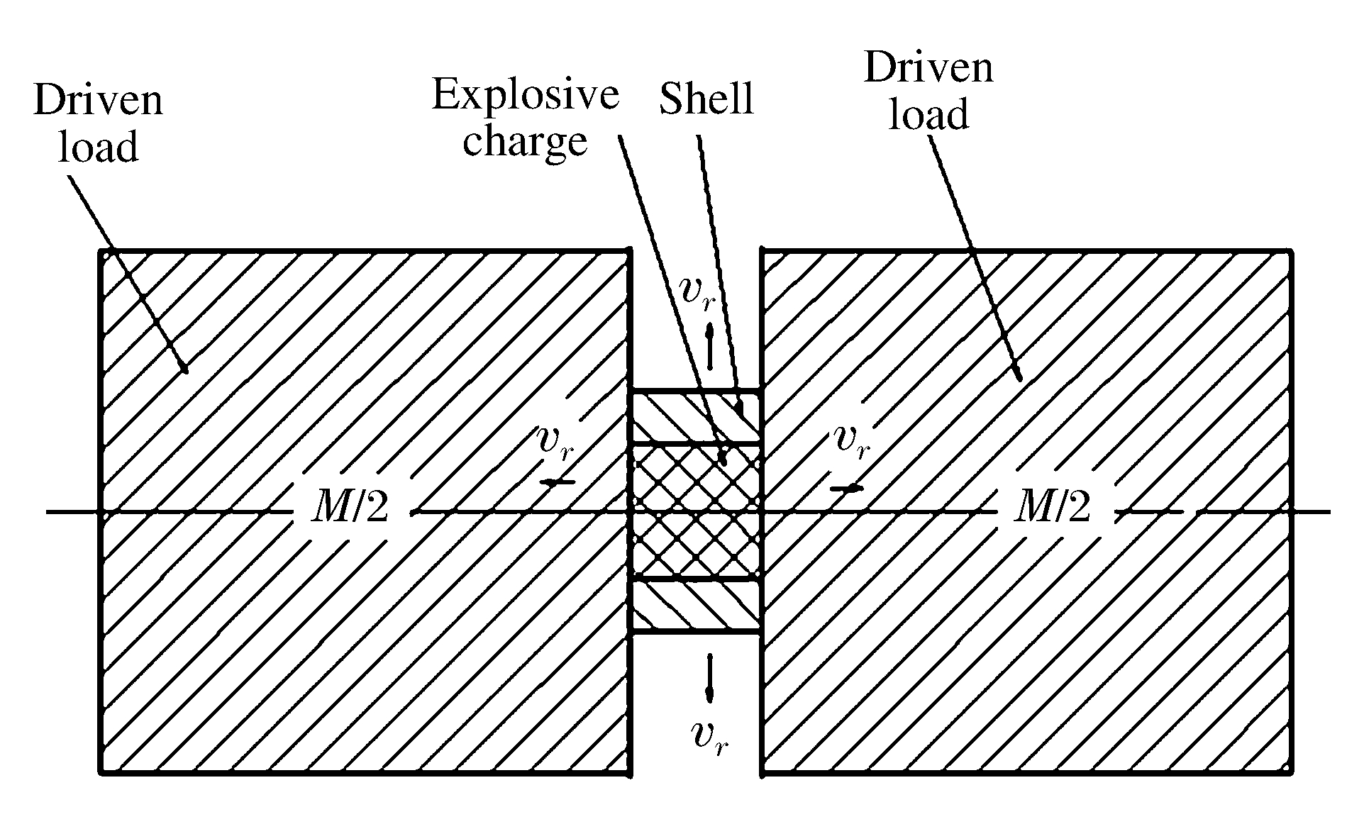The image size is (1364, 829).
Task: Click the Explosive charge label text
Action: (x=525, y=118)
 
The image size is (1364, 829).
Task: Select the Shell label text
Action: (x=706, y=99)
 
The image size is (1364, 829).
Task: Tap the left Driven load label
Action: (x=98, y=123)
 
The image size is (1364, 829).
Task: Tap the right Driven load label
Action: (x=928, y=91)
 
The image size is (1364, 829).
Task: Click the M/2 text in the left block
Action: (x=350, y=508)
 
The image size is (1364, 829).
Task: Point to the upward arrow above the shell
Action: (x=710, y=346)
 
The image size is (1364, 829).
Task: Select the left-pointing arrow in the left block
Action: (x=558, y=482)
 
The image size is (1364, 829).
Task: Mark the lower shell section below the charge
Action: (x=695, y=605)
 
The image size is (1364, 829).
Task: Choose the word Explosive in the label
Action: (x=525, y=95)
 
